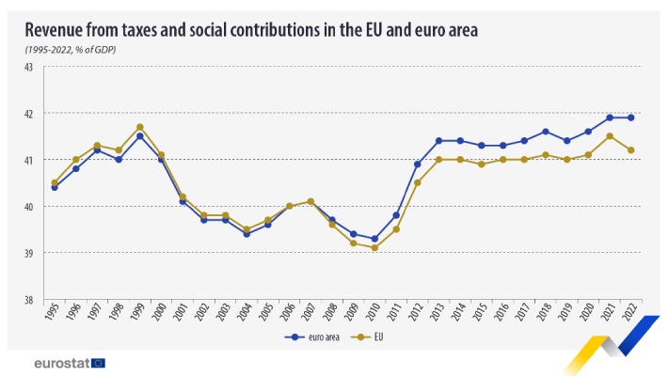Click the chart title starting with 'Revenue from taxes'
coord(251,30)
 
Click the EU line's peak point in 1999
coord(140,127)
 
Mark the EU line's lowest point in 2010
coord(375,248)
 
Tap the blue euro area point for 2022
coord(631,117)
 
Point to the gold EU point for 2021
coord(611,136)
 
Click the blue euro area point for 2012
coord(418,164)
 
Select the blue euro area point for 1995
coord(55,187)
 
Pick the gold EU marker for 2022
coord(631,150)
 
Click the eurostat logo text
coord(61,362)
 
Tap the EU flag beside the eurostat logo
coord(99,362)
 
